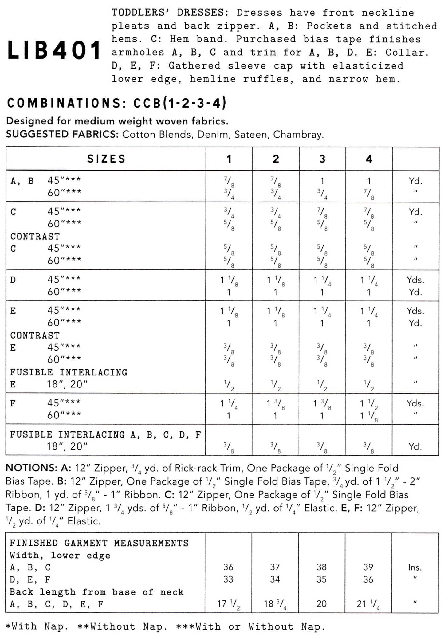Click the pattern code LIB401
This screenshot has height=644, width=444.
[54, 50]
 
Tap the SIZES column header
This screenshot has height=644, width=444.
[106, 159]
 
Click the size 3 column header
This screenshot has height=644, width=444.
[322, 159]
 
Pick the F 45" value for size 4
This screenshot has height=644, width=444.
[369, 403]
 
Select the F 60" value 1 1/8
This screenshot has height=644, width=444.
[369, 416]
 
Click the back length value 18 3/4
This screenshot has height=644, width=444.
[275, 604]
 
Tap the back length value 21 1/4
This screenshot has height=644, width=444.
[368, 604]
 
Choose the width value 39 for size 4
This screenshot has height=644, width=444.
[368, 567]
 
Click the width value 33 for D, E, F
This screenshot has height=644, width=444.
[228, 579]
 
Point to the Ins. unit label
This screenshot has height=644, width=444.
[415, 567]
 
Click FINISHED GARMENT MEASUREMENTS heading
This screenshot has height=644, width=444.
[99, 543]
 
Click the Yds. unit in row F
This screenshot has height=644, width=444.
[415, 403]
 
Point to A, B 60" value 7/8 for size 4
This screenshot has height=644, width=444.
[369, 194]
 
